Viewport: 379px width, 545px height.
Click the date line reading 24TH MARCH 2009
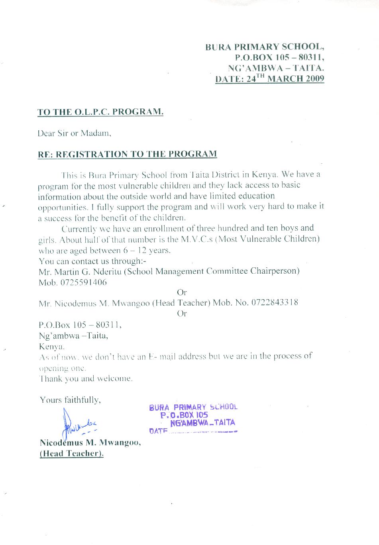270,78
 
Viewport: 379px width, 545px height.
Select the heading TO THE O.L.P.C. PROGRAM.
100,112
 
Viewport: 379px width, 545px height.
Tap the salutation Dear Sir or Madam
74,133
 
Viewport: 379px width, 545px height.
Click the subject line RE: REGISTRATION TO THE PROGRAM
127,154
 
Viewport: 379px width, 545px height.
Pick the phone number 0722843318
275,302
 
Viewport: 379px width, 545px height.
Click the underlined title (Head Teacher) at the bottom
71,453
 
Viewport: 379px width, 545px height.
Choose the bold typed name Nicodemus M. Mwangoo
90,443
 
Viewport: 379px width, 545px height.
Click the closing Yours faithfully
70,400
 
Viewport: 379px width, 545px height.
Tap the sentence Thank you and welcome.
86,378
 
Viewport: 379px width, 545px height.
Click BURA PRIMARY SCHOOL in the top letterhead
265,47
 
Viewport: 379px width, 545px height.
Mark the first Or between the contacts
182,292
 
